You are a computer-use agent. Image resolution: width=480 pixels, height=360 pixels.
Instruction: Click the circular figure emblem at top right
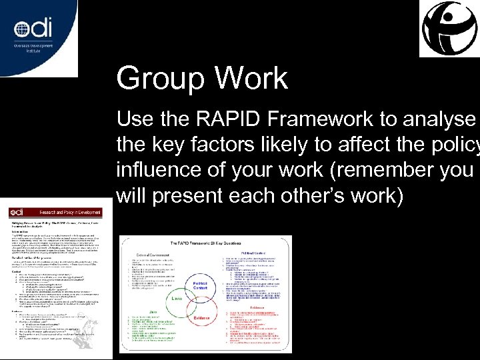pos(449,28)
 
